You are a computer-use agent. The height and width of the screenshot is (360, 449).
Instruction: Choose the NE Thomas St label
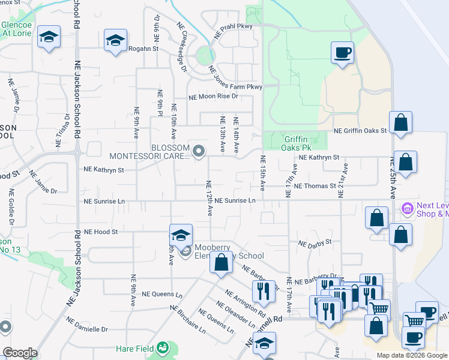315,187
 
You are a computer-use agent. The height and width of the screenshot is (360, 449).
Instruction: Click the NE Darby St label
315,243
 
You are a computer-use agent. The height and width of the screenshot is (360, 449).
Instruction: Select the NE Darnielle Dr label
88,329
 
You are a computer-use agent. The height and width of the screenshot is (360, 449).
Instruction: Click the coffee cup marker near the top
343,52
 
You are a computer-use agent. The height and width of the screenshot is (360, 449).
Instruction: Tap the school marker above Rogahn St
115,40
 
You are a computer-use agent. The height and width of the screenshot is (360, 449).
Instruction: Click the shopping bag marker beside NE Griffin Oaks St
400,122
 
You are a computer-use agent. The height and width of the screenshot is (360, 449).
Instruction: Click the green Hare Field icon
161,347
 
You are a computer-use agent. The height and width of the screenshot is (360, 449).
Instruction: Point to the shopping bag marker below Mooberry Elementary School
221,262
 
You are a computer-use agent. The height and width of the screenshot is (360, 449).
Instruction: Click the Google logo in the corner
20,353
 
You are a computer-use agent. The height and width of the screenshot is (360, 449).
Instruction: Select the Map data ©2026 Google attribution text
411,355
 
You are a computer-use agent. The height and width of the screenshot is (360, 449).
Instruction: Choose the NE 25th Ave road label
393,174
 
